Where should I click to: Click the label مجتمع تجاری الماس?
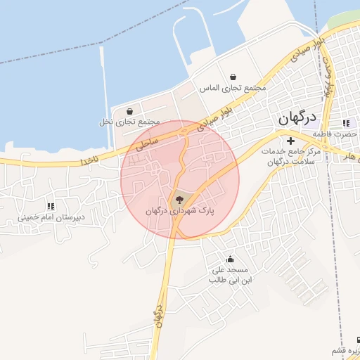[233, 89]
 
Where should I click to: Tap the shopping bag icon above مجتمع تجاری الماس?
[233, 77]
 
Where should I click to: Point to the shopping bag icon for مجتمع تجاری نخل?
[129, 111]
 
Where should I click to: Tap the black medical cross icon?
[290, 141]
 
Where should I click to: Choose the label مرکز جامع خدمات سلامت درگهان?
[290, 157]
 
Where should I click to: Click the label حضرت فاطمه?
[336, 134]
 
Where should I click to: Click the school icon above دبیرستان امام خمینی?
[50, 206]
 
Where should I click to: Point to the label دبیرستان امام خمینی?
[51, 218]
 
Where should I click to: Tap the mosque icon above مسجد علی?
[229, 259]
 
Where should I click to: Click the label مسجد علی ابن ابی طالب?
[229, 275]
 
